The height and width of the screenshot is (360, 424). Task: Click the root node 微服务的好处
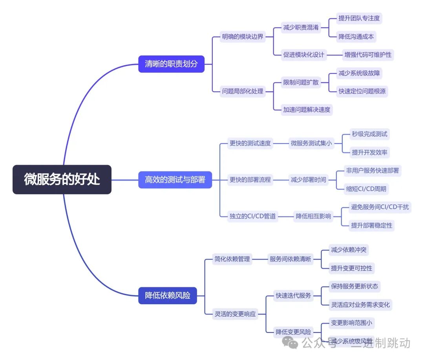point(62,180)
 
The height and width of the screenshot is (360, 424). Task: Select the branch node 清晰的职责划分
point(171,64)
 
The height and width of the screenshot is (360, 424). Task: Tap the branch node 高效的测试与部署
point(175,180)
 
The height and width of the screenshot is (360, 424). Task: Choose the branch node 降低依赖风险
point(168,295)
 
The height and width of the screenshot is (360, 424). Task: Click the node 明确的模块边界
point(243,37)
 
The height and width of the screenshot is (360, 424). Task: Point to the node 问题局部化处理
point(243,92)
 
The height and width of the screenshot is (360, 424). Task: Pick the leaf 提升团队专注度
point(359,18)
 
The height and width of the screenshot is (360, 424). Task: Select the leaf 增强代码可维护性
point(368,55)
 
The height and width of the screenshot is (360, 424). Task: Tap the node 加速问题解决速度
point(307,110)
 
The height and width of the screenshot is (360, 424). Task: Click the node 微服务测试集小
point(311,143)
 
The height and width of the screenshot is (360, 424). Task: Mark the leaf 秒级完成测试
point(369,134)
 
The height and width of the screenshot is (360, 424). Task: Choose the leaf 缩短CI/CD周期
point(366,189)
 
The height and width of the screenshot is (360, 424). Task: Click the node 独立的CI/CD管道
point(252,216)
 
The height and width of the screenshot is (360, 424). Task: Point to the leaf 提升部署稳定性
point(371,225)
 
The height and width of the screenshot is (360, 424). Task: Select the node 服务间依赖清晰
point(290,259)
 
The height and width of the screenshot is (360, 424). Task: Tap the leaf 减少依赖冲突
point(349,250)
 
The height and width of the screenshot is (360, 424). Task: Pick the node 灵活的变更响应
point(235,314)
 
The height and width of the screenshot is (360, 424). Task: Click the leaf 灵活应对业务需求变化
point(360,305)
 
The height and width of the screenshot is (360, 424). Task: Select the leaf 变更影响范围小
point(351,323)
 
